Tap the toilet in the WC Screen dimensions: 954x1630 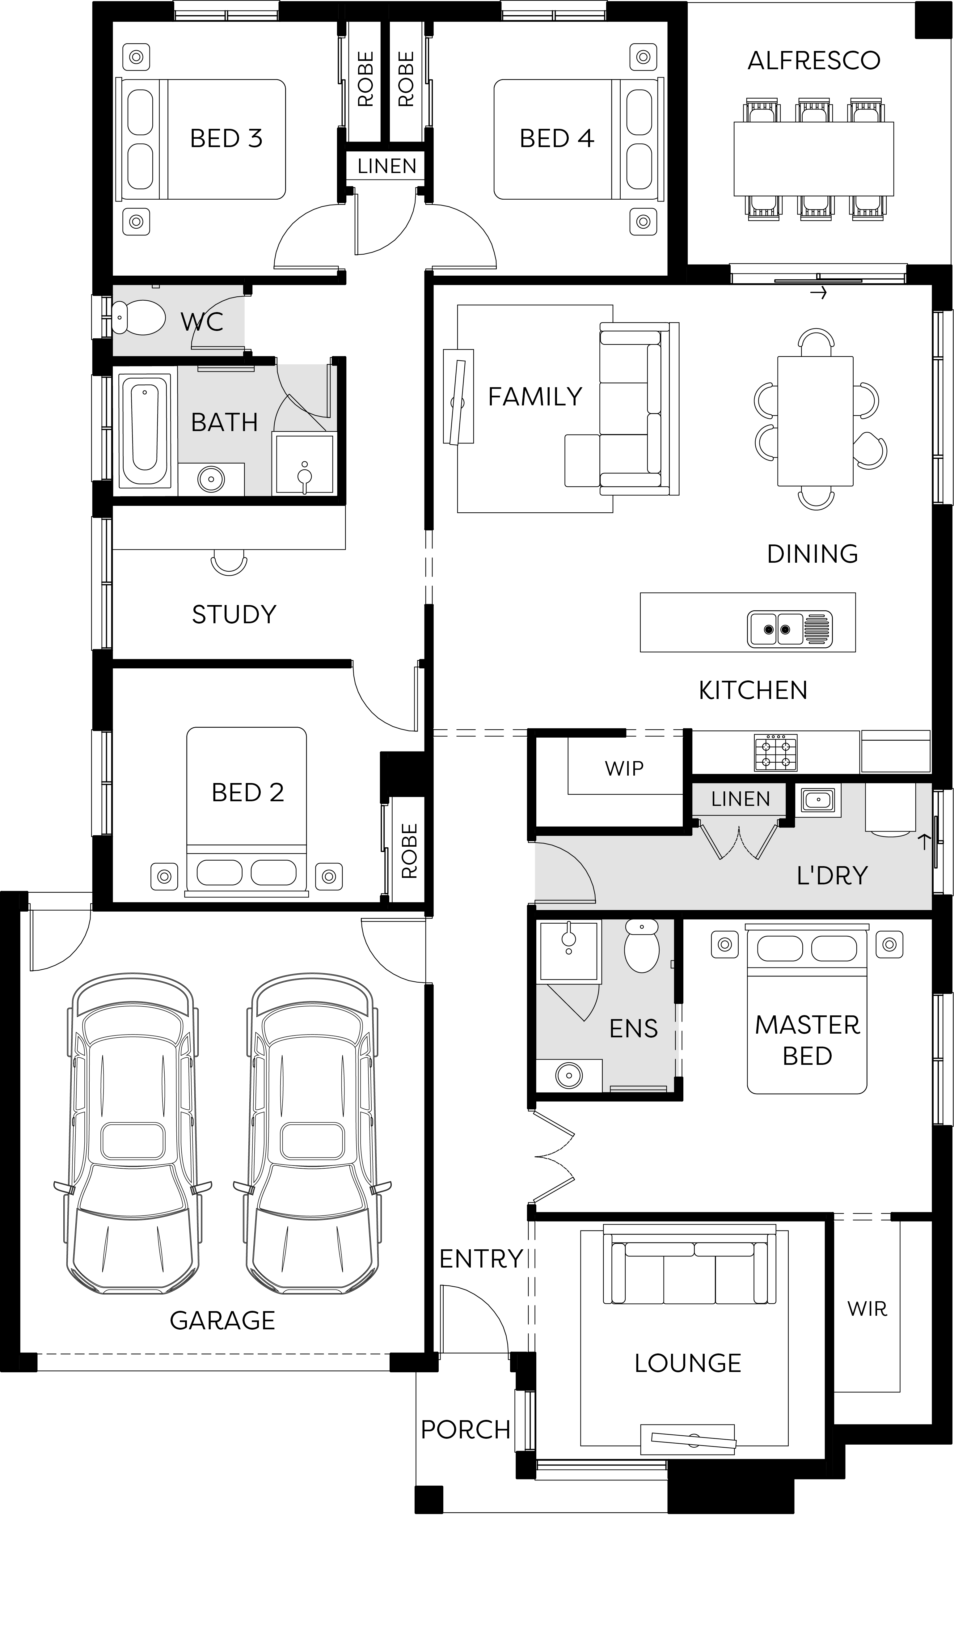tap(138, 318)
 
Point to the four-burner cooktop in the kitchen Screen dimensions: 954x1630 tap(775, 752)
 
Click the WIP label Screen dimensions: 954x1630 tap(624, 768)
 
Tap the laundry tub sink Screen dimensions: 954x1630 tap(818, 800)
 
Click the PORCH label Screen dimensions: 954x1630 tap(466, 1429)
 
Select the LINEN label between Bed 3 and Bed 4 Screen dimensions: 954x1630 tap(387, 166)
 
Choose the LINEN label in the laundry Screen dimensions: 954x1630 tap(741, 799)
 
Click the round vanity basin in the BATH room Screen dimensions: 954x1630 tap(211, 479)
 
